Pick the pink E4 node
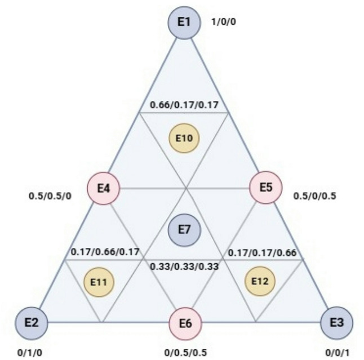click(104, 188)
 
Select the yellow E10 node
click(185, 138)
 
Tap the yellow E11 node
click(99, 280)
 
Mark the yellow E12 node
click(261, 280)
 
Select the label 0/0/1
click(339, 353)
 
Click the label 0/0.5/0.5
click(185, 353)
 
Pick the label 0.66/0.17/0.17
click(185, 105)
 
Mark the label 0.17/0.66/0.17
click(105, 251)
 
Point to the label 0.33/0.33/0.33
click(184, 265)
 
